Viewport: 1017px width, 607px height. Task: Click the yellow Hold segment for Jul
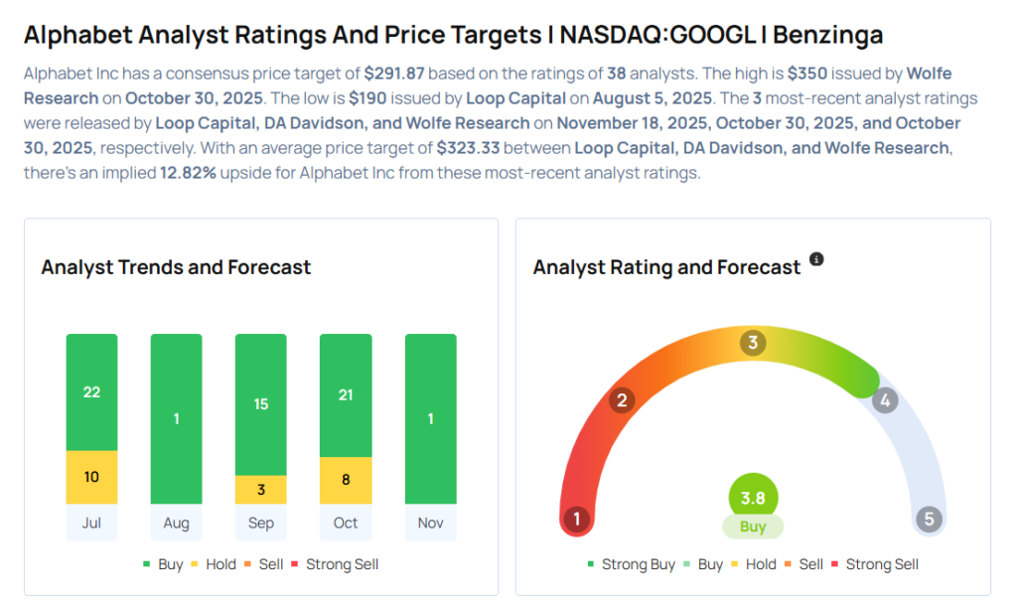point(91,477)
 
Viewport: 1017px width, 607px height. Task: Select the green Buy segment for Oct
point(346,395)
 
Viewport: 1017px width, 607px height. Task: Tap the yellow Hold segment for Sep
point(261,490)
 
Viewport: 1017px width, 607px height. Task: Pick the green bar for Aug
point(176,418)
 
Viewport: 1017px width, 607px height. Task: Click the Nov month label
point(431,523)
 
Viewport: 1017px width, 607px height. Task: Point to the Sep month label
point(261,523)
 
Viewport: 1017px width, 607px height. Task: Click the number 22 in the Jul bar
point(91,392)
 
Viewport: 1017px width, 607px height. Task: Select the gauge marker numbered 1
point(576,519)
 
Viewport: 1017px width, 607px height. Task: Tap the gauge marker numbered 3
point(753,344)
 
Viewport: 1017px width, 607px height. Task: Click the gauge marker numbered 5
point(929,519)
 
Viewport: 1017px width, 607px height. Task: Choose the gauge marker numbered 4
point(884,400)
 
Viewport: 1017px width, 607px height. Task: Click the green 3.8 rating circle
point(753,499)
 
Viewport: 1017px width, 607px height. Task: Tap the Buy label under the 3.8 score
point(753,527)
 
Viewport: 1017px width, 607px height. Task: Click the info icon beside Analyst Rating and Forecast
point(816,259)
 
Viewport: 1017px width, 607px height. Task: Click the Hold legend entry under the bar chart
point(213,564)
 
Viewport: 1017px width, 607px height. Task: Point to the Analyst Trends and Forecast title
point(176,267)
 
